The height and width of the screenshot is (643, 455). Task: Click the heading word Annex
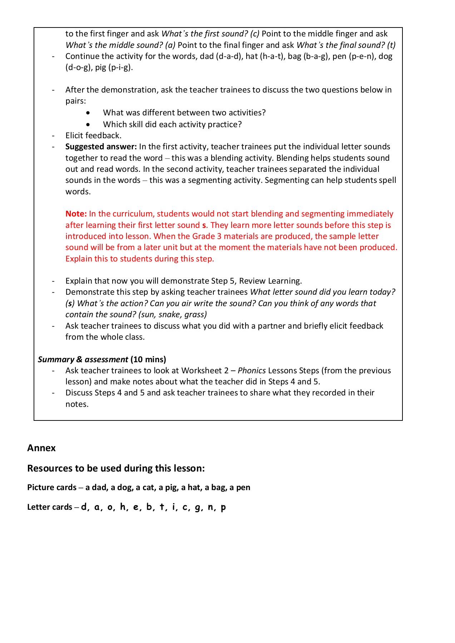pyautogui.click(x=41, y=448)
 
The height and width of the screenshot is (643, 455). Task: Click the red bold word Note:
pyautogui.click(x=76, y=214)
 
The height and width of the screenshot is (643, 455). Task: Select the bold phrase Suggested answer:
pyautogui.click(x=101, y=146)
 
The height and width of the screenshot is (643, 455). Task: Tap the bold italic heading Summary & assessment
pyautogui.click(x=83, y=359)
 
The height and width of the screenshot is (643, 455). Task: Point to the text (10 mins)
pyautogui.click(x=148, y=359)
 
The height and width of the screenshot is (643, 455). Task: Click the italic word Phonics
pyautogui.click(x=252, y=370)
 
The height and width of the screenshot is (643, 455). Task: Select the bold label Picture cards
pyautogui.click(x=52, y=488)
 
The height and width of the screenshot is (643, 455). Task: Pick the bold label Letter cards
pyautogui.click(x=50, y=507)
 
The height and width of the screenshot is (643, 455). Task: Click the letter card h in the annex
pyautogui.click(x=123, y=507)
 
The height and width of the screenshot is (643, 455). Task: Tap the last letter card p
pyautogui.click(x=223, y=507)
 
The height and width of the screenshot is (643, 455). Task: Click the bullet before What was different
pyautogui.click(x=88, y=113)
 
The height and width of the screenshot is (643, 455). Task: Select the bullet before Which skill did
pyautogui.click(x=88, y=125)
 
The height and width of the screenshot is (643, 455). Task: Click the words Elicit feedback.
pyautogui.click(x=93, y=135)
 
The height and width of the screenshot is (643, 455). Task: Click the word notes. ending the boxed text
pyautogui.click(x=77, y=404)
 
